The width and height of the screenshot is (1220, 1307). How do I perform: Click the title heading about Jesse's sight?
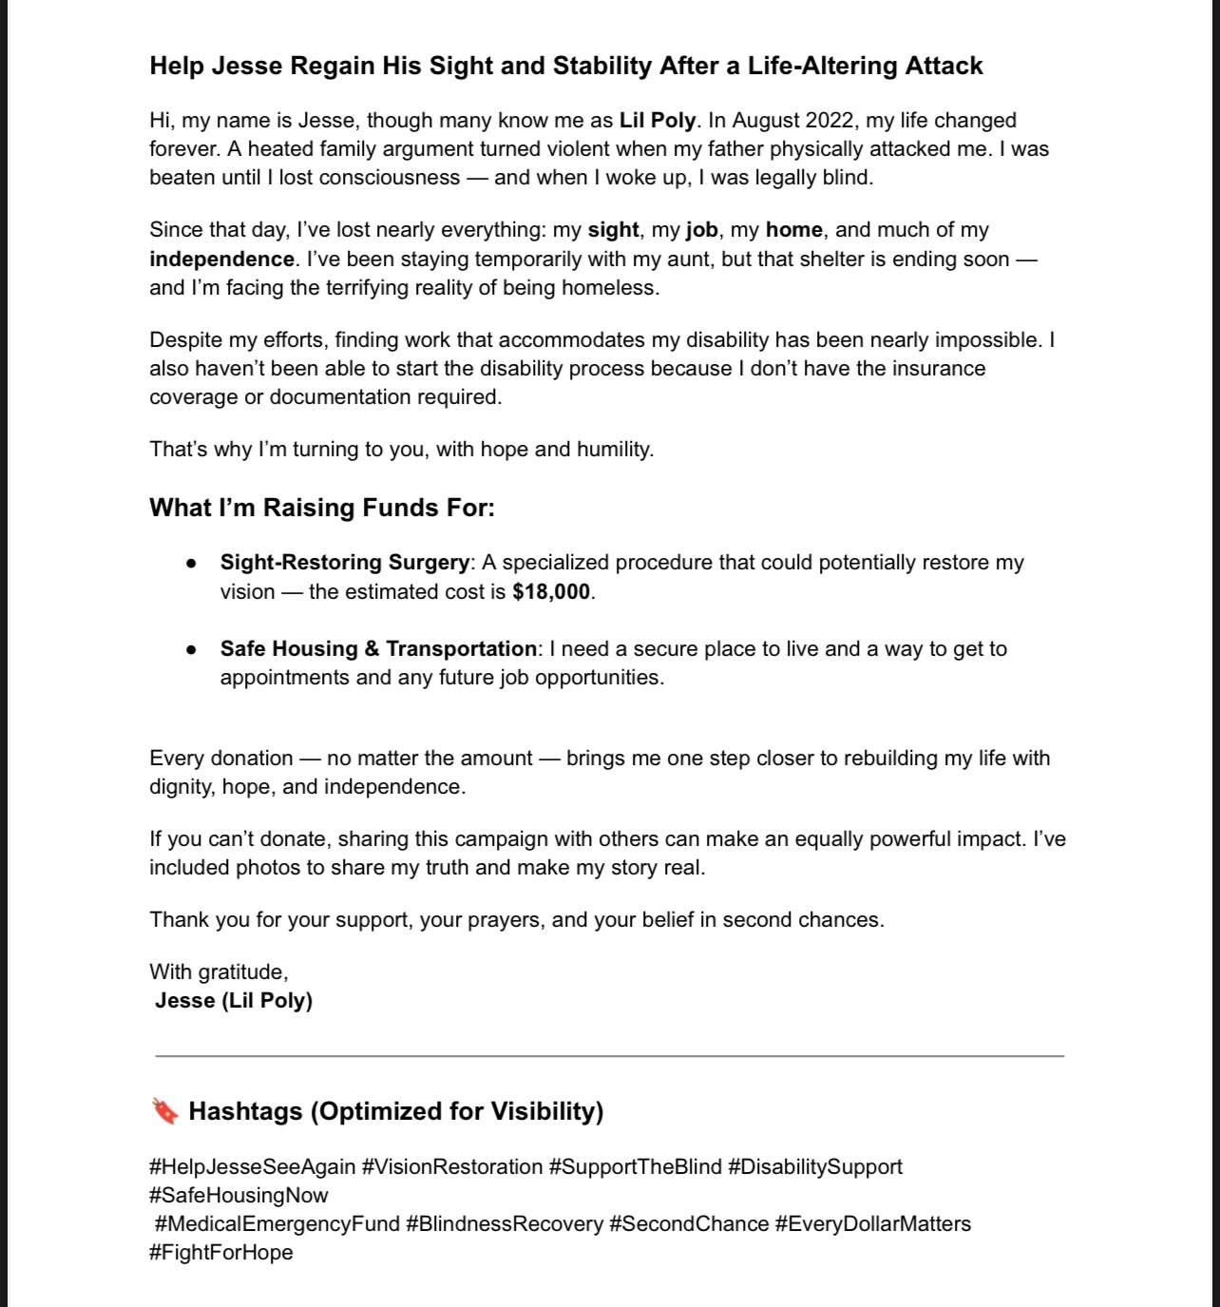point(566,66)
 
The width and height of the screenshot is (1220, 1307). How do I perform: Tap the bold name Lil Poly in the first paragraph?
point(658,121)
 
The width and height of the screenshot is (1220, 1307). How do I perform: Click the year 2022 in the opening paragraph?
point(829,121)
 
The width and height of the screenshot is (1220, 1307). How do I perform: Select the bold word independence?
point(221,259)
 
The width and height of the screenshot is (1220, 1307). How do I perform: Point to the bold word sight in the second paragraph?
point(613,230)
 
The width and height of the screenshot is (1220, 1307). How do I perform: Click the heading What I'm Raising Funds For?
point(322,508)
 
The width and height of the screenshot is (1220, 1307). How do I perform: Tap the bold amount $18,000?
point(551,591)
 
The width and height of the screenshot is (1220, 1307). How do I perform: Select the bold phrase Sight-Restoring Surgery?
point(345,562)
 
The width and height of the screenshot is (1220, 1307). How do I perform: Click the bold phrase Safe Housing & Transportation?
point(378,648)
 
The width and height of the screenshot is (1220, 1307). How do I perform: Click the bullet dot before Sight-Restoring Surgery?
point(192,563)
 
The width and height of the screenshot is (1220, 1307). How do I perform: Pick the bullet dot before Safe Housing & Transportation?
point(192,649)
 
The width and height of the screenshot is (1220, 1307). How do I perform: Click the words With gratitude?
point(219,971)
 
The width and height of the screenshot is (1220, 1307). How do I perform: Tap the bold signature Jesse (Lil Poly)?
point(234,1000)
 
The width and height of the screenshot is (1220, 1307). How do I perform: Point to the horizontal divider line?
point(609,1055)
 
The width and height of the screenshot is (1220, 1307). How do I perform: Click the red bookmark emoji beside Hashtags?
point(164,1110)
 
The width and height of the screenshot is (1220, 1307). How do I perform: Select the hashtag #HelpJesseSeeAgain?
point(253,1166)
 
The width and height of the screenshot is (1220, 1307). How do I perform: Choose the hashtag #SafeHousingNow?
point(238,1195)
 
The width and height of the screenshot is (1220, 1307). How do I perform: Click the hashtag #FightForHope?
point(221,1252)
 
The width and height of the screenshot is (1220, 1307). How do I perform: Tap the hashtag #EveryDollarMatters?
point(872,1223)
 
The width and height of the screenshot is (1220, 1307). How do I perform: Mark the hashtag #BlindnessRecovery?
point(505,1223)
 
